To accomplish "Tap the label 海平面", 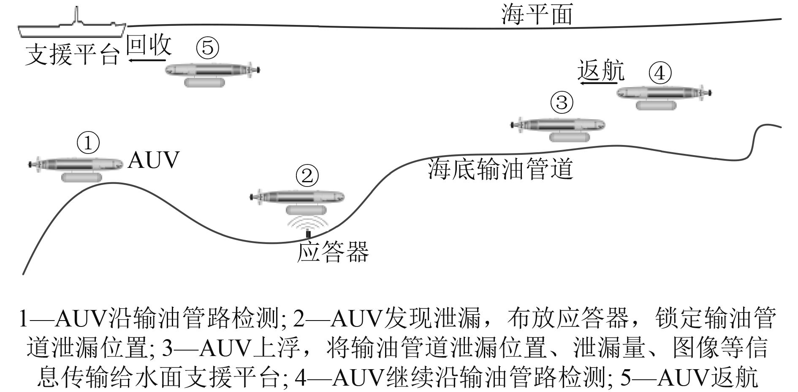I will [537, 15].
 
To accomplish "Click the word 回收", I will [149, 44].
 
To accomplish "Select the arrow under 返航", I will [597, 84].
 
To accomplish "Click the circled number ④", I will [660, 74].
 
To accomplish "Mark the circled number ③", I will [562, 103].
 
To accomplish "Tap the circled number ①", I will [88, 143].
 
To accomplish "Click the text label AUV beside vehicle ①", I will [153, 160].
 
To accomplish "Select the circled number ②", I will [307, 176].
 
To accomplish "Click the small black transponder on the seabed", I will [308, 233].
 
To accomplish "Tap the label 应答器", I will [332, 252].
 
